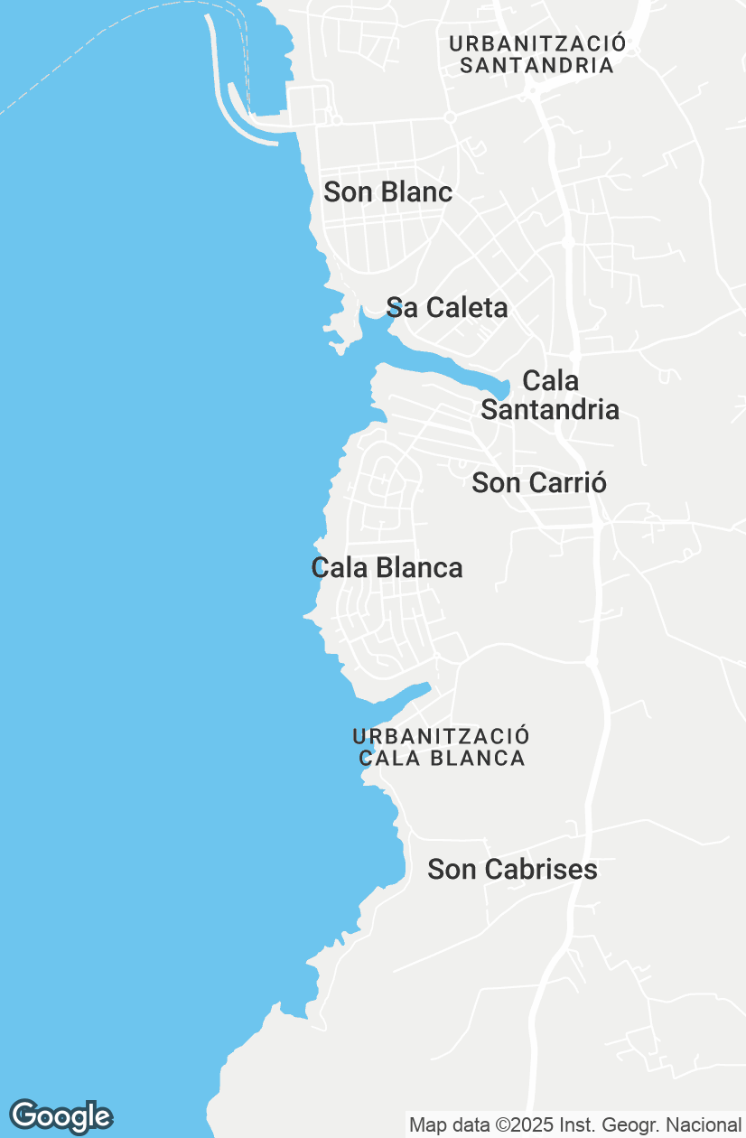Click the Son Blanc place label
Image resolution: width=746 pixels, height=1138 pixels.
[387, 192]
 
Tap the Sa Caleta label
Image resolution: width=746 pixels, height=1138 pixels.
[447, 308]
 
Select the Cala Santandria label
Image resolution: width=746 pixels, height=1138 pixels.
[550, 395]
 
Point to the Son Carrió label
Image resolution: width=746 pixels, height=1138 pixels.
[539, 483]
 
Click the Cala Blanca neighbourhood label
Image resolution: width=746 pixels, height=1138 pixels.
[387, 568]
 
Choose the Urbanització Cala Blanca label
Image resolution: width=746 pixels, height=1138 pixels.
[442, 748]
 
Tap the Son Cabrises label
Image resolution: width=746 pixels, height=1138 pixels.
[512, 870]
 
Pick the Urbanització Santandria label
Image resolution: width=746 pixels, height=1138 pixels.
[537, 54]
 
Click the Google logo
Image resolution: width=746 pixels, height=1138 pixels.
[61, 1116]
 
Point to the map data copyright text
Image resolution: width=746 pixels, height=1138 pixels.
[574, 1125]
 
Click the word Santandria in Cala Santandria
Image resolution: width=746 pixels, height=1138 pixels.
[550, 410]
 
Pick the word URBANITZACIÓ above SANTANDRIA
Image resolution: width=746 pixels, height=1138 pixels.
[537, 43]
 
